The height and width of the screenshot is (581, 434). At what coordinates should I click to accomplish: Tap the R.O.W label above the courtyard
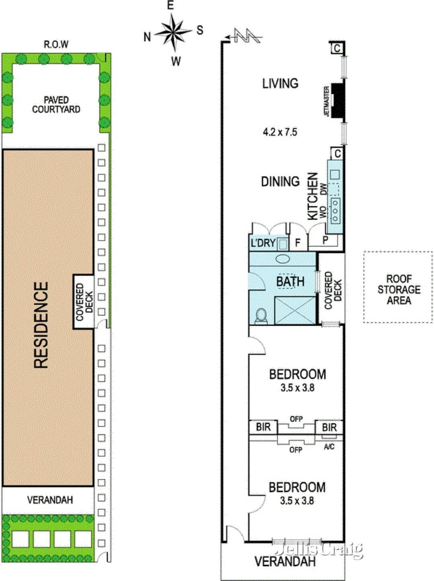coord(56,44)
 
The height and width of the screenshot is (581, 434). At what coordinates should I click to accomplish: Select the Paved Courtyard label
coord(56,105)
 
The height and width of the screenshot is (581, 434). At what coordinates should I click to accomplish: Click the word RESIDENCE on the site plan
coord(41,325)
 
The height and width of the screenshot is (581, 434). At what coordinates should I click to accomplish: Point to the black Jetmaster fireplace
coord(338,101)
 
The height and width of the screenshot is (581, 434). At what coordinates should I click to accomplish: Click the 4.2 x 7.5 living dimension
coord(280,132)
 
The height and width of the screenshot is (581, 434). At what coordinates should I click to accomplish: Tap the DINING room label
coord(280,182)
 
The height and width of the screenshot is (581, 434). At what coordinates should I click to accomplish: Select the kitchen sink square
coord(335,175)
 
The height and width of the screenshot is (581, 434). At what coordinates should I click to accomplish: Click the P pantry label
coord(325,240)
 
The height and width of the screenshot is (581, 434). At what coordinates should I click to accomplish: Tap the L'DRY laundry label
coord(263,243)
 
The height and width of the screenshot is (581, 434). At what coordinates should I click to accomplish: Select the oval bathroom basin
coord(283,259)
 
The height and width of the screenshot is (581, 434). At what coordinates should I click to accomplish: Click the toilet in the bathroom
coord(261,316)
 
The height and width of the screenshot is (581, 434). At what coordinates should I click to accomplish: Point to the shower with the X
coord(295,310)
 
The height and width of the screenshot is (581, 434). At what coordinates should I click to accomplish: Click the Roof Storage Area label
coord(399,289)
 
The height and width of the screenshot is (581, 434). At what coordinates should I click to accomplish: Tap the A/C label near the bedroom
coord(329,447)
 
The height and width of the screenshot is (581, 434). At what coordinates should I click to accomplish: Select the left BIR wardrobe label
coord(264,427)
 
